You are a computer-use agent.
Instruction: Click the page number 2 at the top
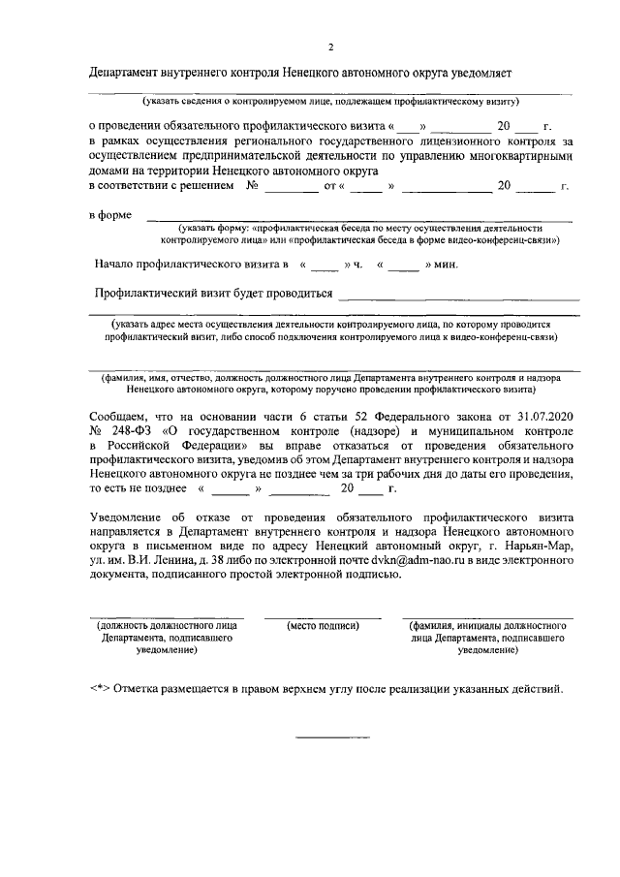point(330,47)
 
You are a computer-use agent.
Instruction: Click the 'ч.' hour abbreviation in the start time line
point(357,263)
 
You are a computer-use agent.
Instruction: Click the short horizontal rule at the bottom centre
point(325,738)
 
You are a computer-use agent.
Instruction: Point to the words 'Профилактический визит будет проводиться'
point(214,294)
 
